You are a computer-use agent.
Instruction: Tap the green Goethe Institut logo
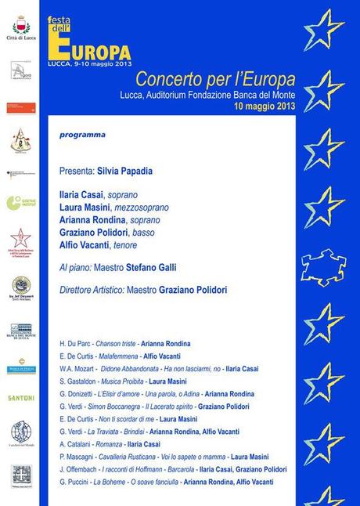tap(20, 203)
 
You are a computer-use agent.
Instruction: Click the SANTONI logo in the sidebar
tap(21, 398)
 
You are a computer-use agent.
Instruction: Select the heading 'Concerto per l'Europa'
tap(215, 79)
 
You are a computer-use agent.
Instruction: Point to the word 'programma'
tap(82, 135)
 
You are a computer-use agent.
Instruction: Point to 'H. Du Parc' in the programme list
tap(75, 344)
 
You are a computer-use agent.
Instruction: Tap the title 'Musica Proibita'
tap(123, 381)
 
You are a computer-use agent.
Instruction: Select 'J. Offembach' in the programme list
tap(78, 469)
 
